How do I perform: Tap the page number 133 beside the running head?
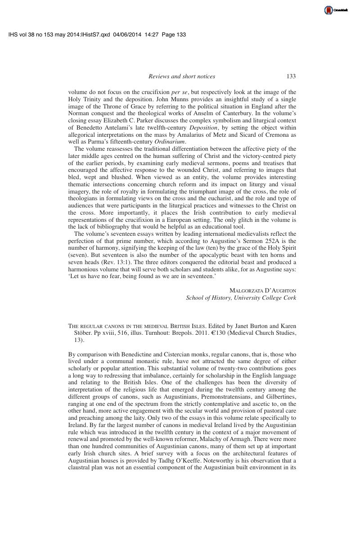pos(291,76)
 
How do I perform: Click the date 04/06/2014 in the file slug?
pos(128,35)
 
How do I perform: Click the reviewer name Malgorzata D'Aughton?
pos(263,291)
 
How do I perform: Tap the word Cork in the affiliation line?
pos(289,298)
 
